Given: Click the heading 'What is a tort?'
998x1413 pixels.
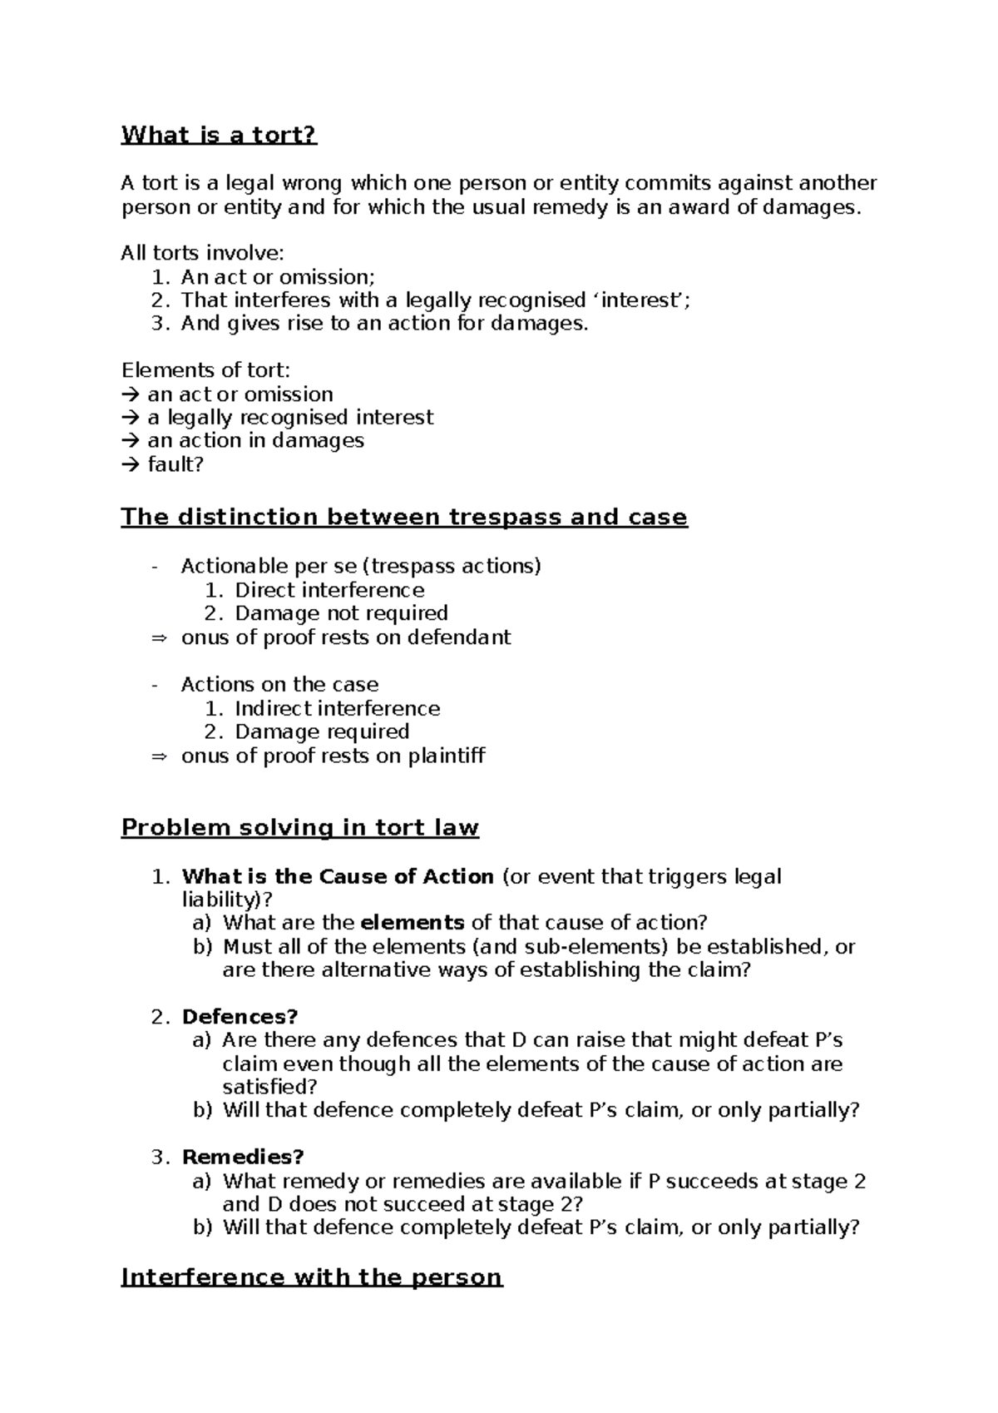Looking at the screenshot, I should click(220, 135).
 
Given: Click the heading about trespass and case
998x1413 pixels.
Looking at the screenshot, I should click(404, 517).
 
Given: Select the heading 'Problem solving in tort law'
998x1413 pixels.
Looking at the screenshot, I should click(300, 828).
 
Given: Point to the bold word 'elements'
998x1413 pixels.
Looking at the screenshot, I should click(413, 922).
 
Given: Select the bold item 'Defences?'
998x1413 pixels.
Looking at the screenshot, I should click(240, 1016).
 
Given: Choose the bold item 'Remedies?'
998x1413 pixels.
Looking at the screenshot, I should click(243, 1157).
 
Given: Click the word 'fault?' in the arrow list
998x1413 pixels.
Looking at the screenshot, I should click(175, 464).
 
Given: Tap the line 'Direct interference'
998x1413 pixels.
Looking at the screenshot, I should click(329, 590).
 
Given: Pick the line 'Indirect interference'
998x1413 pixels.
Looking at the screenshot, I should click(338, 708).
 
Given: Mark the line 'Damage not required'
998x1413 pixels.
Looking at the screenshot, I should click(341, 613).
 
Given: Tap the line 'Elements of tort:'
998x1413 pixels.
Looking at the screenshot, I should click(206, 369).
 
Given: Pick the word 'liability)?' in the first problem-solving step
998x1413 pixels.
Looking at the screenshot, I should click(227, 900).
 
